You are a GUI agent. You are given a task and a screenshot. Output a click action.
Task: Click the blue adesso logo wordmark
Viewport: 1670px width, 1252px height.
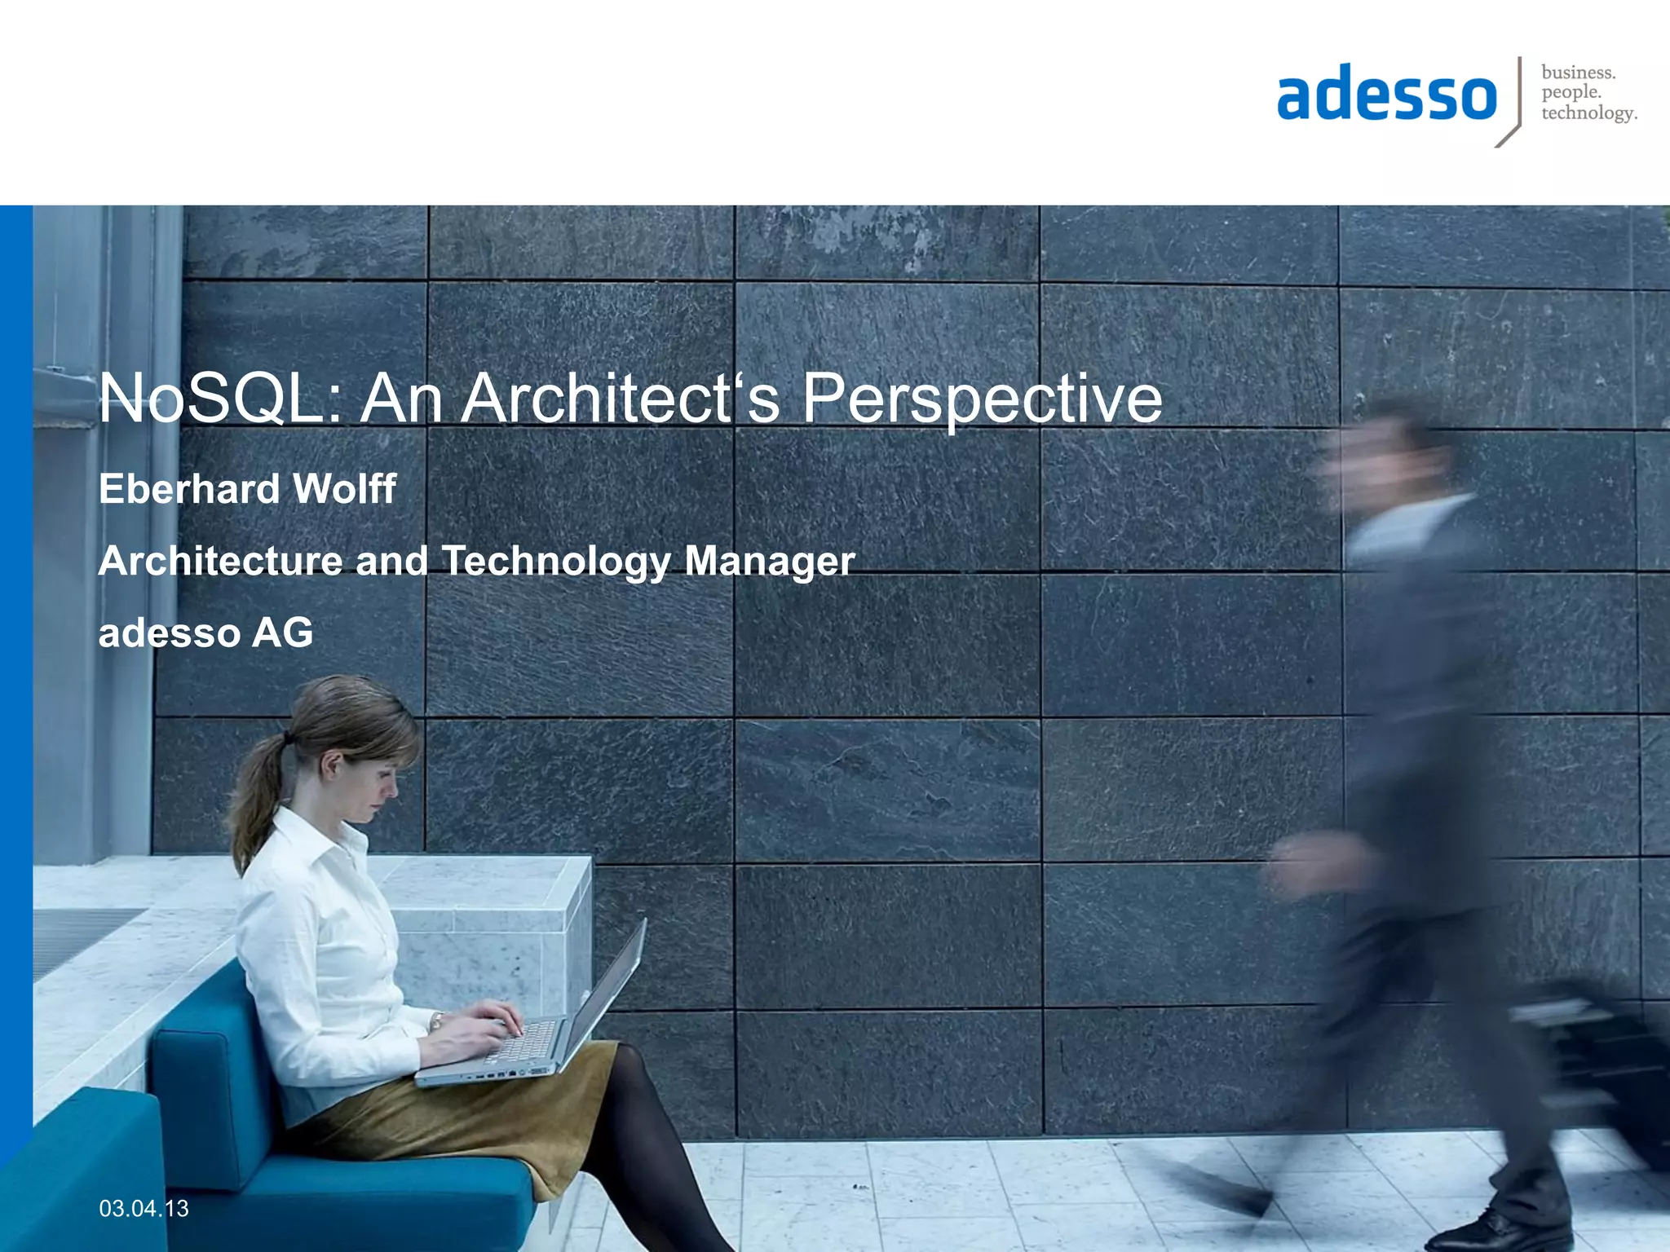point(1386,96)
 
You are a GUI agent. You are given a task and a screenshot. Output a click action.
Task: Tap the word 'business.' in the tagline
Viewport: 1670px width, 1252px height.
point(1578,73)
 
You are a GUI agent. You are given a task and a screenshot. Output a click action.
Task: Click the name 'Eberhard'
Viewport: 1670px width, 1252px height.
point(189,489)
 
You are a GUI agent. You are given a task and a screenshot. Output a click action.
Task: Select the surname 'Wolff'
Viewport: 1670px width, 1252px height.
point(344,489)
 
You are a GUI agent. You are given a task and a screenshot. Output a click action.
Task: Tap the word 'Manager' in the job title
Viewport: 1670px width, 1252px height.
point(770,562)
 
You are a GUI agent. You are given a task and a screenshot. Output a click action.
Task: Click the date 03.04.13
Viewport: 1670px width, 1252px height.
point(144,1208)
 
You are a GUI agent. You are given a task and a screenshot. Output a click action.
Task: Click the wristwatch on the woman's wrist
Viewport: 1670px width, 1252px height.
point(437,1020)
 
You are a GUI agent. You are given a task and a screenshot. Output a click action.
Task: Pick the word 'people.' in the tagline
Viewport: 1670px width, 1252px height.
point(1571,93)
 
